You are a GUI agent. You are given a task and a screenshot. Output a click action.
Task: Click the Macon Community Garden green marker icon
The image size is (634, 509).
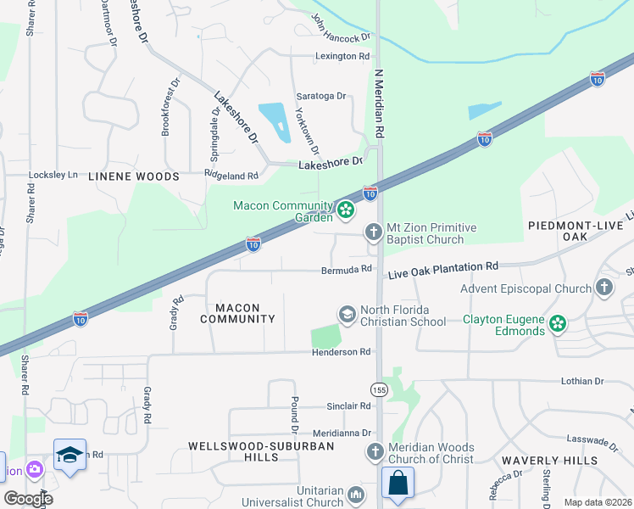(346, 210)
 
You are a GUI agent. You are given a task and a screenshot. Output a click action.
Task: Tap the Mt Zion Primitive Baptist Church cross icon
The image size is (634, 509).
(373, 232)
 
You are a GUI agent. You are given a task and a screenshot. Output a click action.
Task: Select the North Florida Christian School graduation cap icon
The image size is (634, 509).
(347, 315)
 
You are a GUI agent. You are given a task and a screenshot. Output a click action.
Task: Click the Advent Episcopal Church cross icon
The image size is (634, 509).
(603, 288)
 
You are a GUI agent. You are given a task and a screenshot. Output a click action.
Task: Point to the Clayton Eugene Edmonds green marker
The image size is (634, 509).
(557, 323)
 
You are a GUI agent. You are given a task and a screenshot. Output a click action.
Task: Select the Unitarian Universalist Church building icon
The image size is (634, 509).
(356, 495)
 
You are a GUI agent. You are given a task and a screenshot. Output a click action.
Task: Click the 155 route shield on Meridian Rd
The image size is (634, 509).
(379, 389)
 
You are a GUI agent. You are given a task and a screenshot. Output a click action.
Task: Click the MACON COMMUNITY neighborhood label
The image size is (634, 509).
(238, 312)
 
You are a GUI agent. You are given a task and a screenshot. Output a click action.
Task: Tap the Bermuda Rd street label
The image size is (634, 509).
(346, 270)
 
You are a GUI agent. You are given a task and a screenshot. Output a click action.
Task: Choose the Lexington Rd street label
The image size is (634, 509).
(343, 56)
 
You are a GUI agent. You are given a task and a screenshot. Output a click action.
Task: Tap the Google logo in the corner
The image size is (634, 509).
(28, 499)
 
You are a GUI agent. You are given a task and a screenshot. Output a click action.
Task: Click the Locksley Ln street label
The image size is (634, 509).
(53, 175)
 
